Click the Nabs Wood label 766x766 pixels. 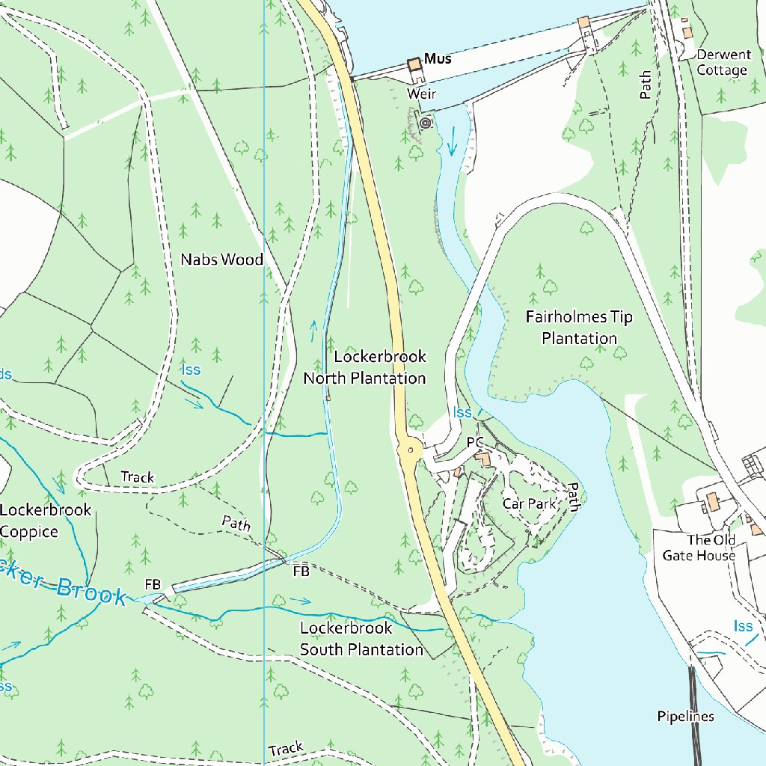point(221,260)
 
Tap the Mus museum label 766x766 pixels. point(438,58)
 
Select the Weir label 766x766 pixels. point(421,94)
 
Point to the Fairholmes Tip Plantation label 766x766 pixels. point(579,328)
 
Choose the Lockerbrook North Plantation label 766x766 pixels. point(364,367)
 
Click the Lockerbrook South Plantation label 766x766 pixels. point(361,639)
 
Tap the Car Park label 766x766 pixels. point(530,503)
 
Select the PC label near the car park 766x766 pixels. point(475,443)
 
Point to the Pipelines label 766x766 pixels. point(685,717)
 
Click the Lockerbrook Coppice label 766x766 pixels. point(45,521)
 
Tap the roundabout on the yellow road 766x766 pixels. point(409,450)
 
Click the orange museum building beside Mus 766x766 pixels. point(414,65)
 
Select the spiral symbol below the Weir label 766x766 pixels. point(426,123)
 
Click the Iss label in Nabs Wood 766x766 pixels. point(190,370)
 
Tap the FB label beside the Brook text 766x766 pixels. point(153,583)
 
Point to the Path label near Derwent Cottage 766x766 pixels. point(646,85)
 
